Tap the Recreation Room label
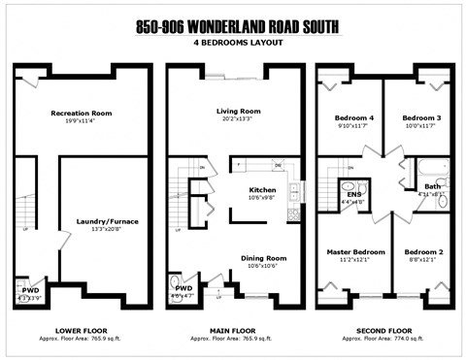(82, 114)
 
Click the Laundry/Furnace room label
(108, 221)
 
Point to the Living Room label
(238, 112)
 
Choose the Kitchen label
(263, 189)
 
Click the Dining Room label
(264, 257)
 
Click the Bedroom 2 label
(423, 252)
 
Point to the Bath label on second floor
(432, 186)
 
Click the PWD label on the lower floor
(31, 289)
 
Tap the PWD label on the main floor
(183, 288)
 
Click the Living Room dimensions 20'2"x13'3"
(238, 120)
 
